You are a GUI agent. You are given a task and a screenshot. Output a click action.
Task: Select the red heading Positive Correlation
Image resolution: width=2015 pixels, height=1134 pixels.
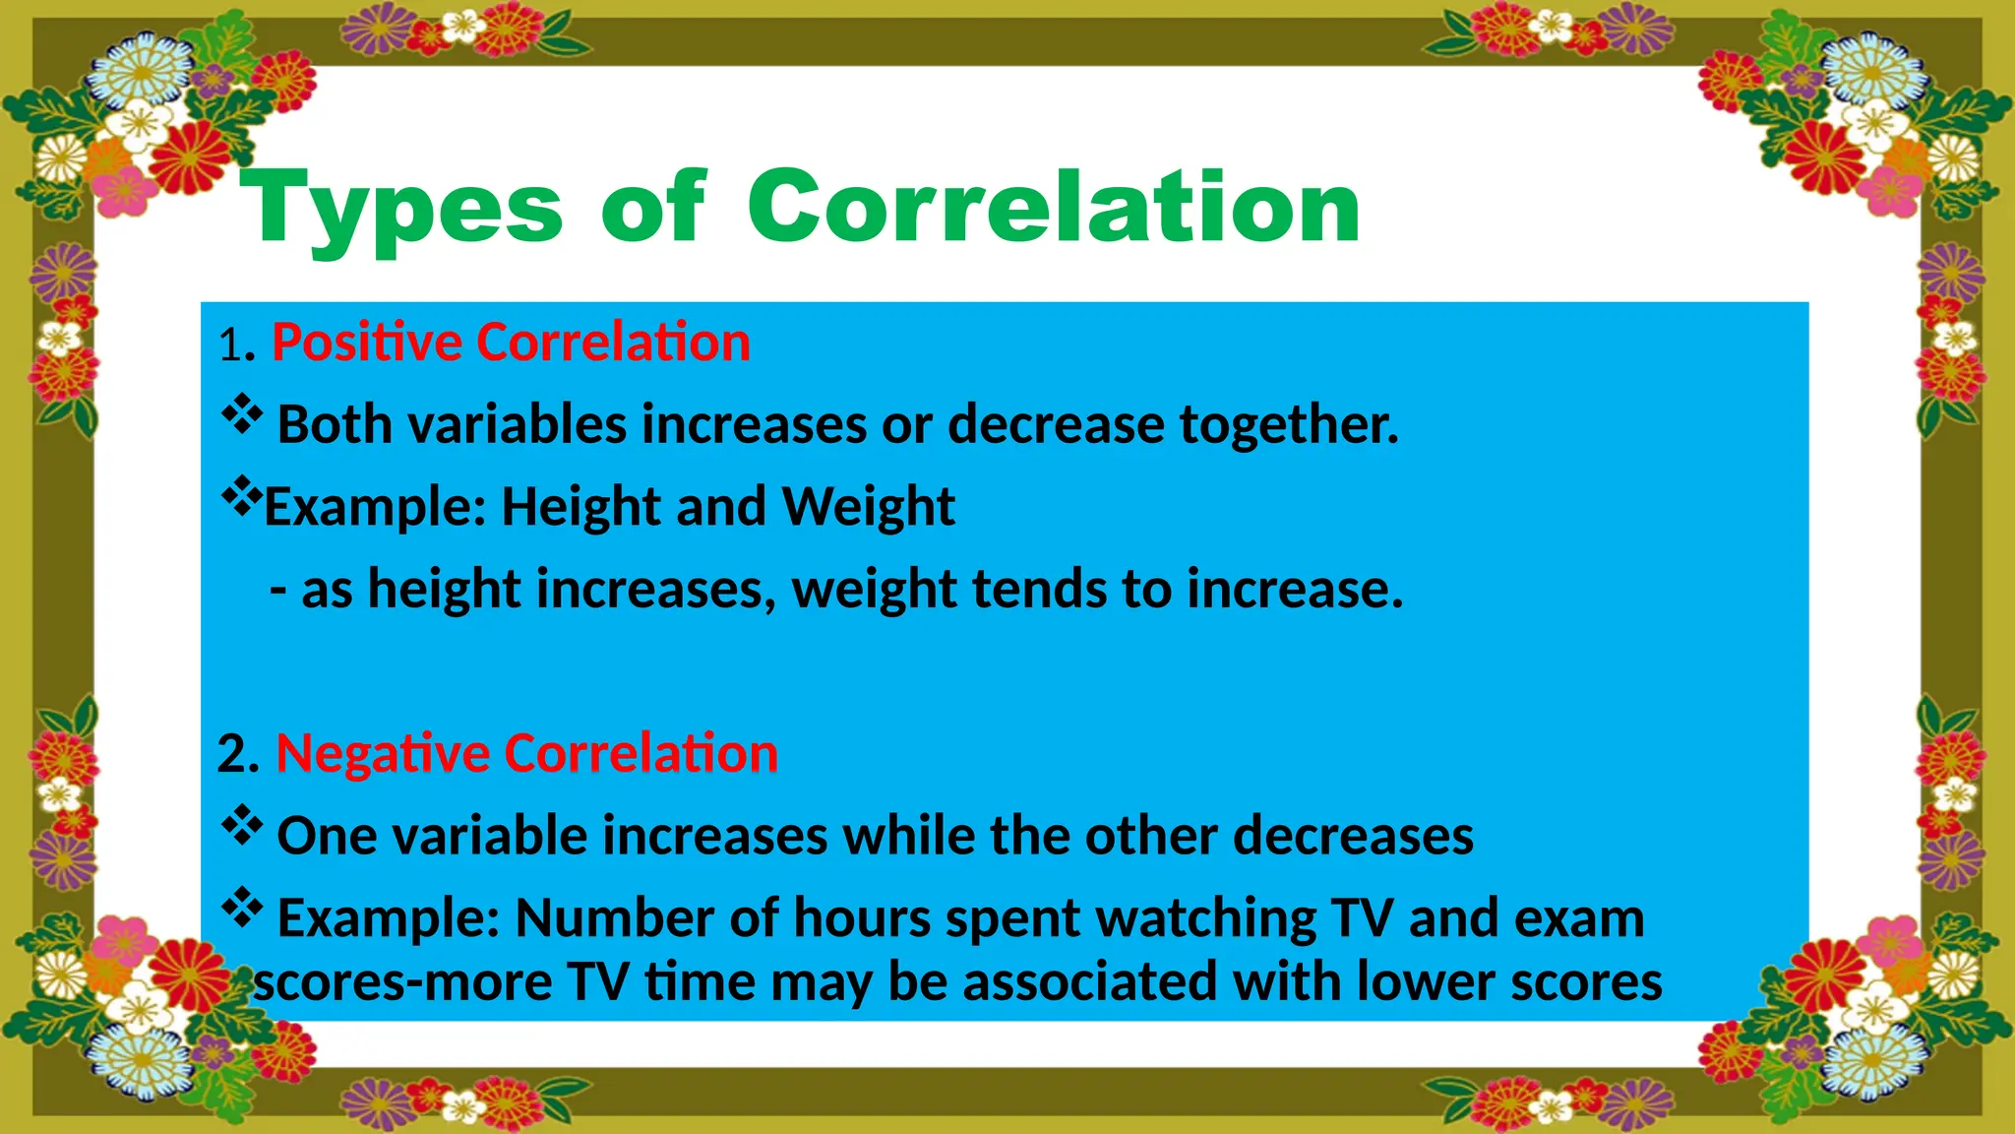(x=511, y=343)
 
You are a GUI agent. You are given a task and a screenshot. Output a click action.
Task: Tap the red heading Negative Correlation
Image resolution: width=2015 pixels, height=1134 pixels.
(x=526, y=753)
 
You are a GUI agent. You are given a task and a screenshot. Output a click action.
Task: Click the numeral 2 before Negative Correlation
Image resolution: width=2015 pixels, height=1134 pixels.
(x=234, y=755)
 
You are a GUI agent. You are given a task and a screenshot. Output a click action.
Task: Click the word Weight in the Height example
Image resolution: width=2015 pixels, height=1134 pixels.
(x=868, y=507)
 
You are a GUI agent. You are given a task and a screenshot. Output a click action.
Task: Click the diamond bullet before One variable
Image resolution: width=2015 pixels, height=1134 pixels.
(x=241, y=826)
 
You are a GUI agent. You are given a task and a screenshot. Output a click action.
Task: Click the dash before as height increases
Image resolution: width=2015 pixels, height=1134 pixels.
(x=278, y=591)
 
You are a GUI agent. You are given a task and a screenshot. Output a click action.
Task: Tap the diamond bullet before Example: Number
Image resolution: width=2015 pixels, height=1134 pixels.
(x=241, y=908)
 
